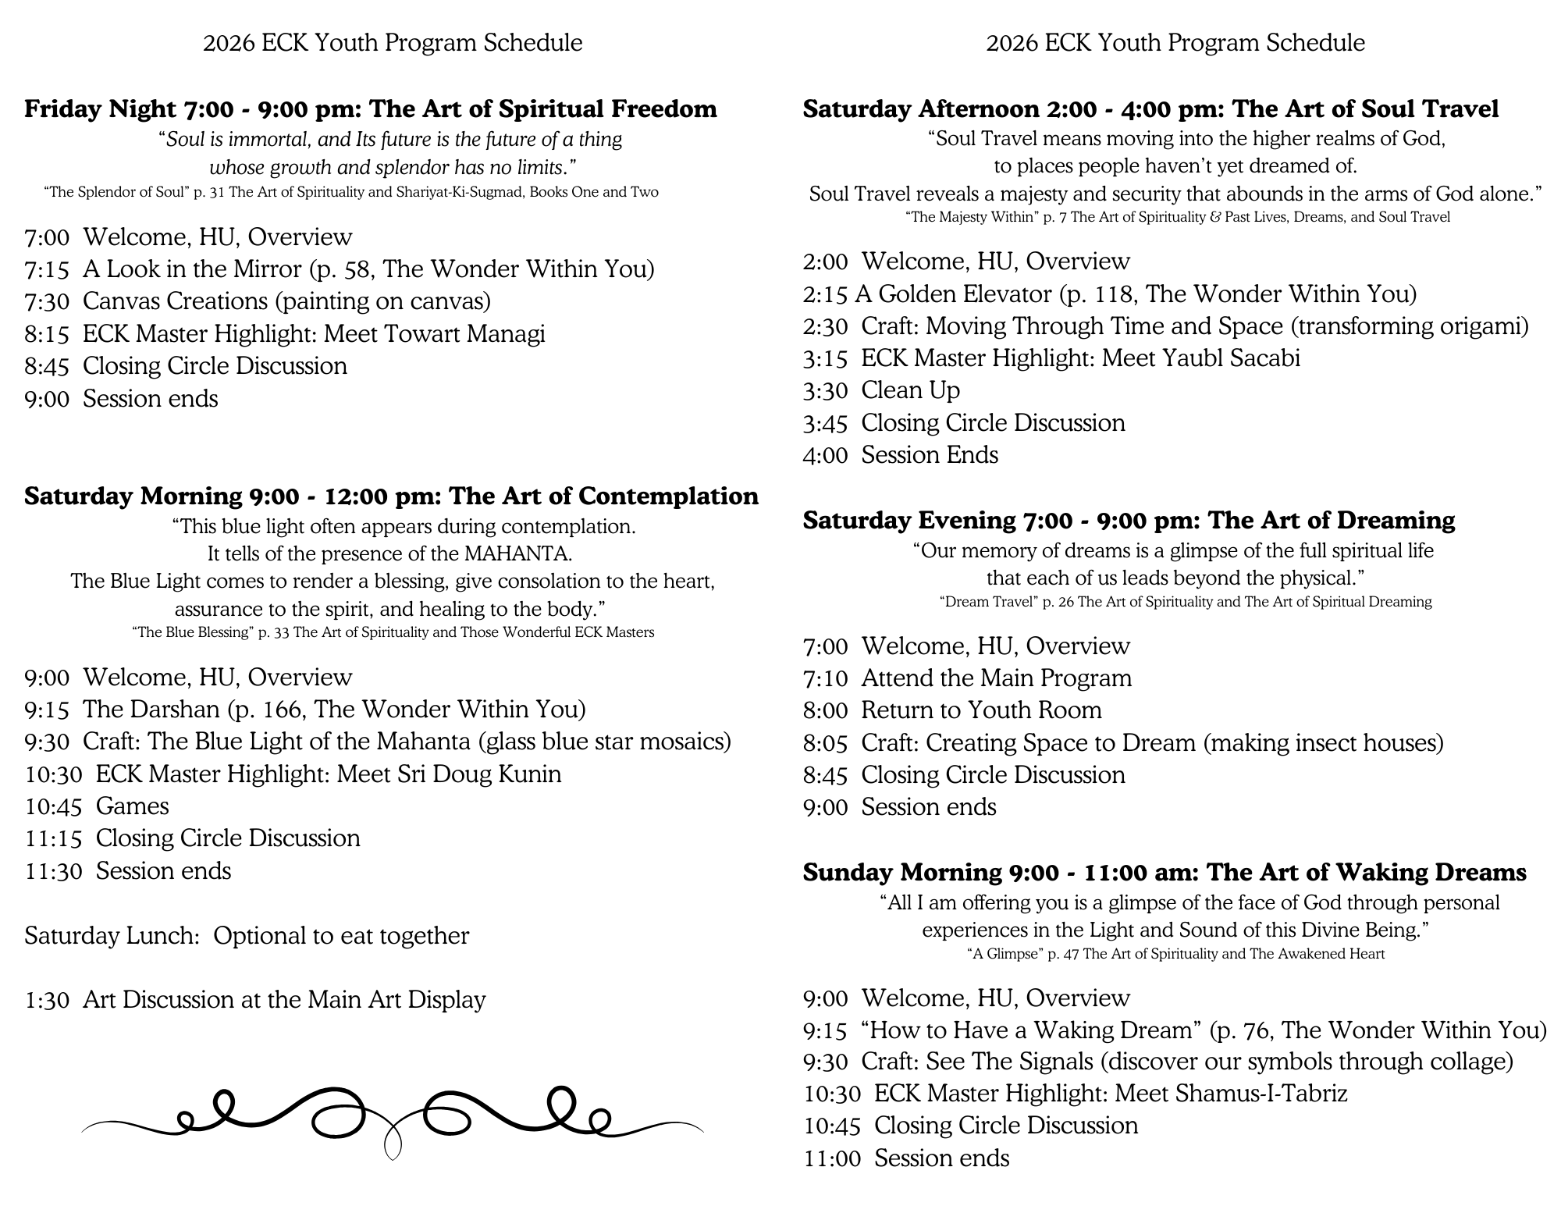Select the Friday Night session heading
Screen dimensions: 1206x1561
click(x=370, y=109)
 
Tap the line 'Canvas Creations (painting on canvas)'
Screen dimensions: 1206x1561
click(x=286, y=301)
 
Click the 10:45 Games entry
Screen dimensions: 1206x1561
click(x=97, y=806)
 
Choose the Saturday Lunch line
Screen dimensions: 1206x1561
click(x=247, y=936)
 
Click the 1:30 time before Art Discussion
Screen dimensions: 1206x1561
click(x=47, y=1000)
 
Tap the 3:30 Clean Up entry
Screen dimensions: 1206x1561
click(x=881, y=390)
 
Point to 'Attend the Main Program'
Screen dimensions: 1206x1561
click(x=996, y=678)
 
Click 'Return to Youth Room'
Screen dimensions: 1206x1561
click(x=981, y=710)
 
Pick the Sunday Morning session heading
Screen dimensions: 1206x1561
click(x=1164, y=872)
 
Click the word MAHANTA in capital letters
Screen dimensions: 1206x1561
click(x=517, y=554)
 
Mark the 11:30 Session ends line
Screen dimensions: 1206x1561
click(x=127, y=871)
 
